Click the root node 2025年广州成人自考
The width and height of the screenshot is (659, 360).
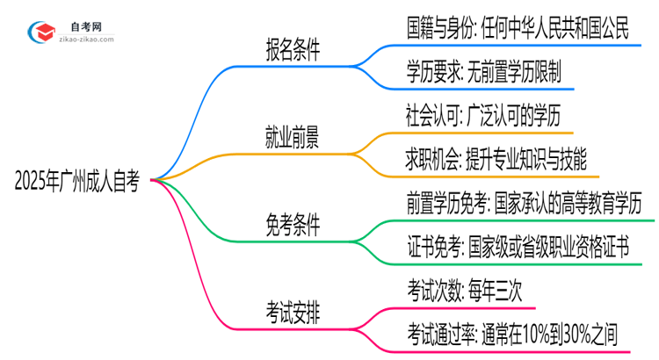click(77, 183)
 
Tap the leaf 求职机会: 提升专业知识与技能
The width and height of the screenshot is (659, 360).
click(496, 160)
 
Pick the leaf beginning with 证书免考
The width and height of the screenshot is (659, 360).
click(518, 248)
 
